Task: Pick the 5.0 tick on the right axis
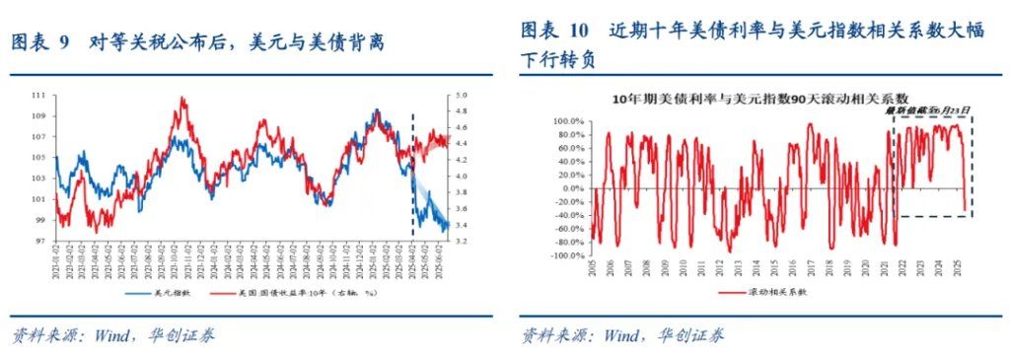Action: [x=461, y=96]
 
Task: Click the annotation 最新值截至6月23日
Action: [x=927, y=110]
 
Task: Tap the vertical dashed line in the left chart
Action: [x=411, y=178]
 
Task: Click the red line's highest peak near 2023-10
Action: [x=183, y=99]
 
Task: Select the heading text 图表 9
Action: [x=40, y=42]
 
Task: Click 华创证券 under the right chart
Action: [x=687, y=335]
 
